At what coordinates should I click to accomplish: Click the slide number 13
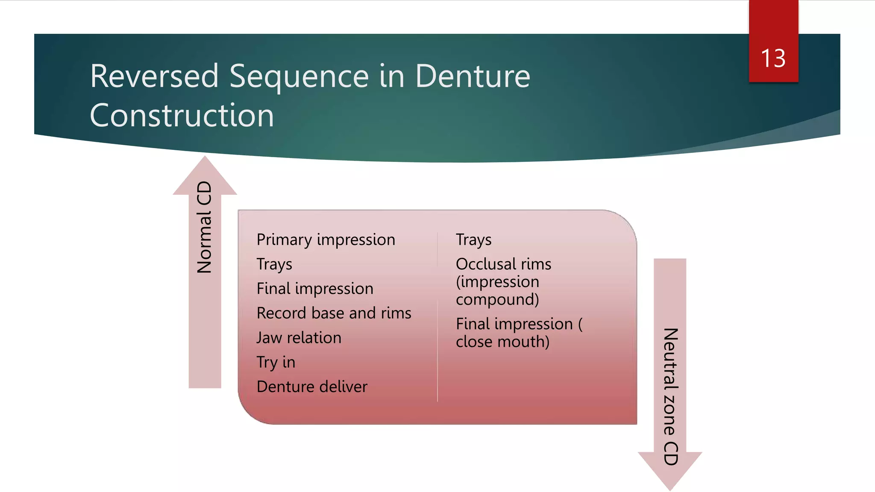point(773,59)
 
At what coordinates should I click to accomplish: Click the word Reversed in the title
point(154,76)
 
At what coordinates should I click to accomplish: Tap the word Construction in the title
point(182,116)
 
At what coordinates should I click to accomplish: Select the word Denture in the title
point(473,76)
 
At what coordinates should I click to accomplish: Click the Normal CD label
point(205,227)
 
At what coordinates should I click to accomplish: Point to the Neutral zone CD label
point(670,396)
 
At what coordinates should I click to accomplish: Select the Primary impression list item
point(326,240)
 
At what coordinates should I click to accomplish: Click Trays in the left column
point(274,264)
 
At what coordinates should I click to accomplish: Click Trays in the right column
point(473,240)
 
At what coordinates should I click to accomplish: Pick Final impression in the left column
point(315,289)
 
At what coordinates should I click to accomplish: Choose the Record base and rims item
point(334,313)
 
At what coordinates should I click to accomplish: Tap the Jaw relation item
point(299,338)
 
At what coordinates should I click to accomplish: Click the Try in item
point(276,362)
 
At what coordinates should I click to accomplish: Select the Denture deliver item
point(312,387)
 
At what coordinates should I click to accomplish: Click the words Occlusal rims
point(503,264)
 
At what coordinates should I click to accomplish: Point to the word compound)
point(497,299)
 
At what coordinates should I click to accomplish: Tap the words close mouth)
point(502,342)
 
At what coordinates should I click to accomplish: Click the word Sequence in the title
point(299,76)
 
